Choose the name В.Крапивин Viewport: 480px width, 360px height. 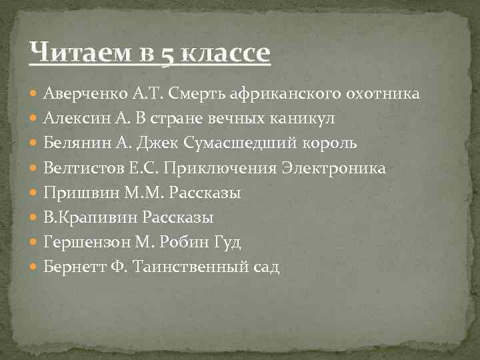(84, 218)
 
